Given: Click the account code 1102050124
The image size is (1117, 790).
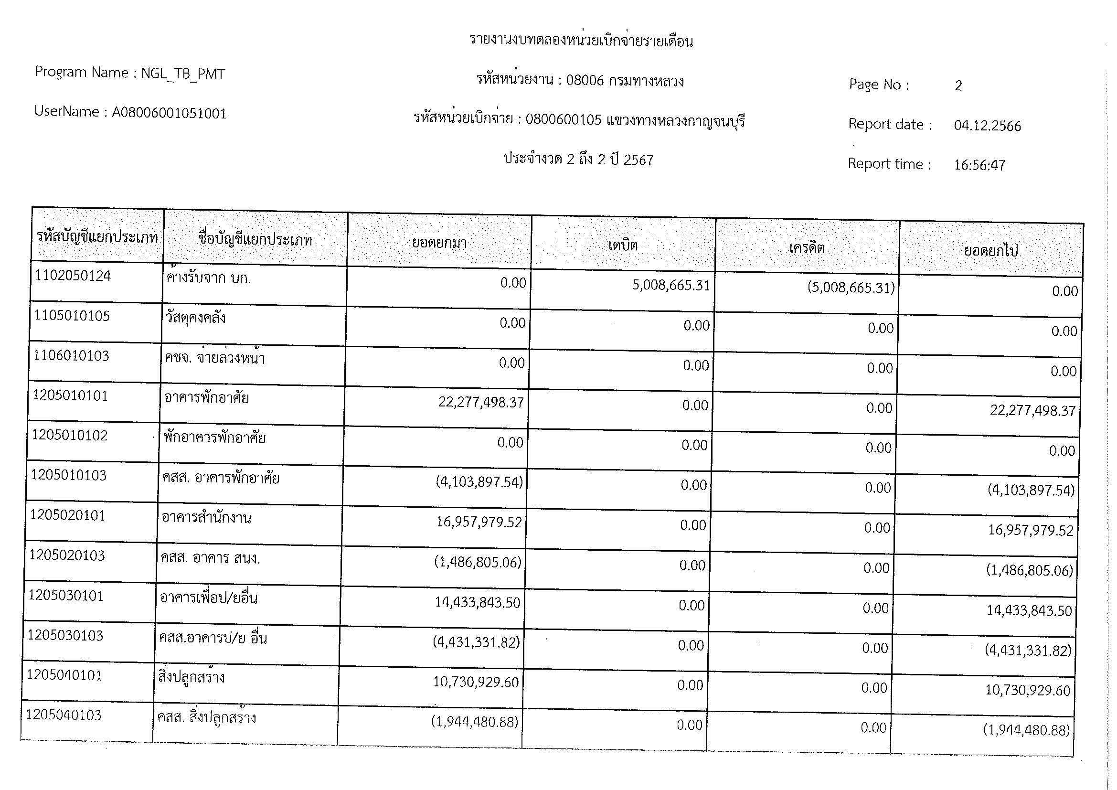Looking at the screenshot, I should coord(73,276).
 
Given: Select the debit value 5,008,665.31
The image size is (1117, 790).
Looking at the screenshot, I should coord(671,285).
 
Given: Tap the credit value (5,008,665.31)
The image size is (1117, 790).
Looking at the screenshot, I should coord(851,288).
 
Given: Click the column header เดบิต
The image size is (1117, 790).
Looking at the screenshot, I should coord(623,245).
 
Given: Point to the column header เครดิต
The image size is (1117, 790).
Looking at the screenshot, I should coord(807,248).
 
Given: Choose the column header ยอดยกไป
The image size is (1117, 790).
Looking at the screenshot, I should coord(990,251).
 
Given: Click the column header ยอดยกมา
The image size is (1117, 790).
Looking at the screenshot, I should coord(439,242).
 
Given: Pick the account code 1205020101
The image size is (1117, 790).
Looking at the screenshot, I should coord(68,515).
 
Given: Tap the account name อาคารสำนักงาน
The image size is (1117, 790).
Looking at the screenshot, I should coord(206,518).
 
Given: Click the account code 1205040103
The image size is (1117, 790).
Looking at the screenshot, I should coord(64,715).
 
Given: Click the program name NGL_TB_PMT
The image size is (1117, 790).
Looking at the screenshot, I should coord(183,74).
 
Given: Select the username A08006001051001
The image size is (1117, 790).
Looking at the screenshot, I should coord(170,113).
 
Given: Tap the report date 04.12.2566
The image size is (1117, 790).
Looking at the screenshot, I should coord(987,126).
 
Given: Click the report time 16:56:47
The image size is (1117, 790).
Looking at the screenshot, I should coord(979,165).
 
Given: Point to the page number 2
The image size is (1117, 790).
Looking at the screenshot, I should coord(958,86).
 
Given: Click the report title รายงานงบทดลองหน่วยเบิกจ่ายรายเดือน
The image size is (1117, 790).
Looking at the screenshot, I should coord(581,41).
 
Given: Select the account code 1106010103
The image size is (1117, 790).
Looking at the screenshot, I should coord(71,356).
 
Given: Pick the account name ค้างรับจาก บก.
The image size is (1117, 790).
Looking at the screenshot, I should coord(208,278).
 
